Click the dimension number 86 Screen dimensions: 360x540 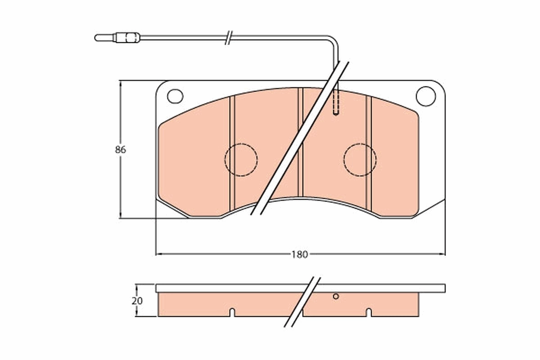point(120,150)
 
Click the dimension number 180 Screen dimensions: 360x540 point(299,254)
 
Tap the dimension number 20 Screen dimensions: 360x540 point(138,301)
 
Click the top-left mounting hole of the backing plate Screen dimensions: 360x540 point(175,96)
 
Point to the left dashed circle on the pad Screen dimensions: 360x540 point(241,159)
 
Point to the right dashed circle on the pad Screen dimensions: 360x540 point(360,159)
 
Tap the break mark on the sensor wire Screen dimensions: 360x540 point(228,37)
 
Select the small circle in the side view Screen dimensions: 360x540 point(335,296)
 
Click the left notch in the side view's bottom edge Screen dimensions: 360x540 point(232,311)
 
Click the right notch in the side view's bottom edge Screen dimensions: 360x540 point(368,311)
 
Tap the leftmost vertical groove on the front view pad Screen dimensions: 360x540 point(233,153)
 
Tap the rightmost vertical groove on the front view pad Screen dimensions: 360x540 point(369,153)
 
